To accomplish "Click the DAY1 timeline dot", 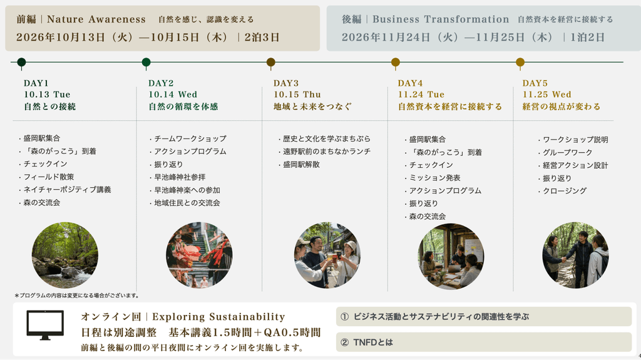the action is point(22,62).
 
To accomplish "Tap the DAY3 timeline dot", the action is point(270,62).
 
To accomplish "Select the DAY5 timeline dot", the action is point(520,62).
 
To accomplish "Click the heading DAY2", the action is point(161,83).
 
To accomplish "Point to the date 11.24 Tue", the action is point(421,95).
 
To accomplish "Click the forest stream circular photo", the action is point(65,255).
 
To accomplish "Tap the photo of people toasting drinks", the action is point(327,255).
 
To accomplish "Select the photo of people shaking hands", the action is point(576,255).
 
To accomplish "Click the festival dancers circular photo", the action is point(199,255).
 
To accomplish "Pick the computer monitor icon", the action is point(45,325).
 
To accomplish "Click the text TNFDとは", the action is point(373,342).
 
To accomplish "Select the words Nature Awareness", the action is point(96,19).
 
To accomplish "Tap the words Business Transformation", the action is point(441,19).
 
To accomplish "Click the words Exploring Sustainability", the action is point(218,317).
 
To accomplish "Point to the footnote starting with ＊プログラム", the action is point(77,296).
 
